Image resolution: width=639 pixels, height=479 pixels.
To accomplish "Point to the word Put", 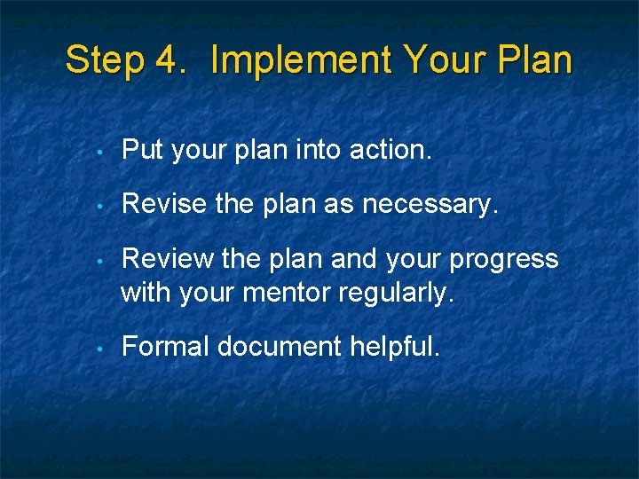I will (x=142, y=151).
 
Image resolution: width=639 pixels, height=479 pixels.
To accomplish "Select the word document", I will (x=278, y=346).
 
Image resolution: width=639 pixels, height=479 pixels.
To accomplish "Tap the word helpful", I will (x=395, y=346).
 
